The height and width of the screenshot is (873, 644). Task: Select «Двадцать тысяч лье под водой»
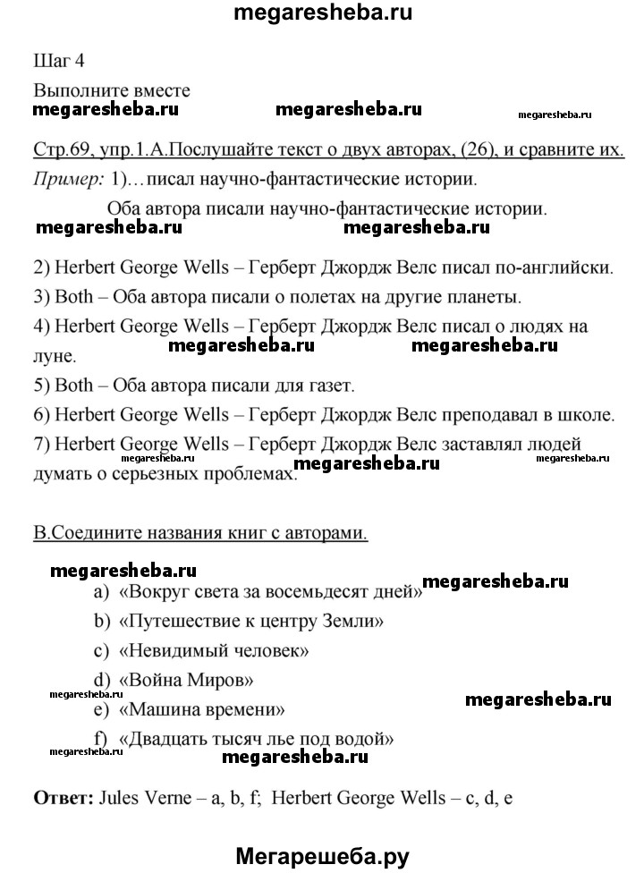256,740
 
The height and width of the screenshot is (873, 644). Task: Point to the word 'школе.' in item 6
586,415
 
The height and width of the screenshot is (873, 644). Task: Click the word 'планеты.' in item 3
487,296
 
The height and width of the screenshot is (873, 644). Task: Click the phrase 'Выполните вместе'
111,91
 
